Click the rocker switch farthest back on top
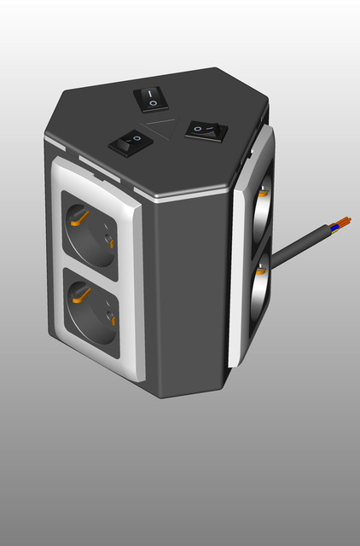coord(150,98)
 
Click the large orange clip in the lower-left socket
coord(81,295)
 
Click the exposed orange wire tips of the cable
coord(344,219)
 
